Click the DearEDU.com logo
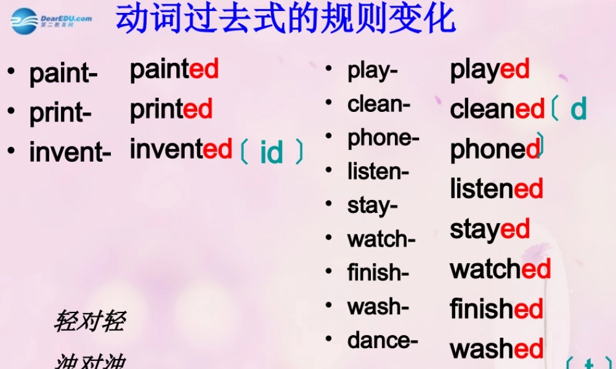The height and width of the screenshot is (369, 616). (52, 20)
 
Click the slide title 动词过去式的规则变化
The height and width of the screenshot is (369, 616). (286, 20)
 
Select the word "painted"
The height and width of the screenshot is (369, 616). (174, 69)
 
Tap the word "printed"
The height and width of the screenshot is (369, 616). (171, 109)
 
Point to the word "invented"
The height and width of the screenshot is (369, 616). (181, 149)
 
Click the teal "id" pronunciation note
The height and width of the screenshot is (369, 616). (272, 152)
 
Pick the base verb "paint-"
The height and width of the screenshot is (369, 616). (63, 74)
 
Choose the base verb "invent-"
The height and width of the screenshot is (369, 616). (70, 153)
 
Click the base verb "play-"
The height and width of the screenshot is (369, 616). (373, 71)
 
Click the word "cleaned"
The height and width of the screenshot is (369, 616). (498, 109)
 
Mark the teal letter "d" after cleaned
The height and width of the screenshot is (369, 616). (578, 109)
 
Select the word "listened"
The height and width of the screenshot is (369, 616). (496, 189)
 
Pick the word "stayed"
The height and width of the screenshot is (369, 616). (490, 230)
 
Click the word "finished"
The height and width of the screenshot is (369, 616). (496, 309)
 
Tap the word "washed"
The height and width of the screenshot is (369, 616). (496, 349)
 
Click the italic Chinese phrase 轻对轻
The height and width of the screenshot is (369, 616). (90, 321)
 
